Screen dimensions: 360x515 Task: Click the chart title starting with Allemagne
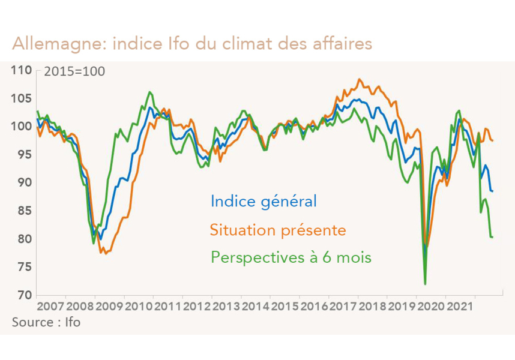tap(192, 44)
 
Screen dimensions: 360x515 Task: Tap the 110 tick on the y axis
tap(22, 70)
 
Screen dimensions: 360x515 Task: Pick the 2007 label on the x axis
tap(50, 307)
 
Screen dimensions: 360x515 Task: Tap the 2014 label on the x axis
tap(256, 307)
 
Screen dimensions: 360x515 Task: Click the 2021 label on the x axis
tap(461, 307)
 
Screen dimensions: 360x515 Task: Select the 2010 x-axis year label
tap(139, 307)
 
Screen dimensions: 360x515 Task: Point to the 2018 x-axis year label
tap(373, 307)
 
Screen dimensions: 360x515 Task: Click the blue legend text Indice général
tap(264, 201)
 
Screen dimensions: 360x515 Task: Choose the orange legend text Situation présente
tap(278, 230)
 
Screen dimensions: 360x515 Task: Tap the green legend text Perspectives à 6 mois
tap(291, 258)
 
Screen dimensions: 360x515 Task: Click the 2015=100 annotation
tap(74, 71)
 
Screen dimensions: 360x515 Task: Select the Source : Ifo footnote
tap(46, 322)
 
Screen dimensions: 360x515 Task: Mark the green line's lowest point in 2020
tap(425, 284)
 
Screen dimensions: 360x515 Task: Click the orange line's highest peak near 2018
tap(359, 79)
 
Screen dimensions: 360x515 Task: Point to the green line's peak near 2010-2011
tap(149, 92)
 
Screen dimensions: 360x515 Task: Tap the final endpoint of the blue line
tap(492, 191)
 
